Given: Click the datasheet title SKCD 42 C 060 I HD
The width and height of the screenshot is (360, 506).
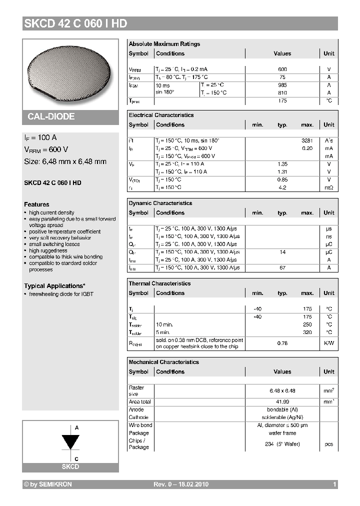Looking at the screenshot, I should (x=75, y=23).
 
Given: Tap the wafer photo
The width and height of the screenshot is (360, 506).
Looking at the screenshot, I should (x=70, y=73).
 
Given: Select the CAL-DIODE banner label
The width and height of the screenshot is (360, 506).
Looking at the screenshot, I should (x=51, y=116).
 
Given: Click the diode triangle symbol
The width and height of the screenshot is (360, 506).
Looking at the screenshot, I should (x=70, y=442).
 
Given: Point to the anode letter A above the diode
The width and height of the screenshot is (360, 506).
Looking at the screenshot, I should (x=76, y=428).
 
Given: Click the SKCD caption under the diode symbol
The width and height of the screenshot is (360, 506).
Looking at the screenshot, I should (x=70, y=466).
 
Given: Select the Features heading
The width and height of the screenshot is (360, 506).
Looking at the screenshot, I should (x=36, y=204).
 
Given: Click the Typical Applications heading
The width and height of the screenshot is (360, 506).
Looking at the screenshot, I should (x=54, y=286).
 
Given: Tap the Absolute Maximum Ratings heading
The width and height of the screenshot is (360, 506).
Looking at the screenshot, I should (x=164, y=44).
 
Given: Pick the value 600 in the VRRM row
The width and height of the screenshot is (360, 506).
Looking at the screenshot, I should (x=282, y=69).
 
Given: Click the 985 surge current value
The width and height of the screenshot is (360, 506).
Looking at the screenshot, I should (x=282, y=85).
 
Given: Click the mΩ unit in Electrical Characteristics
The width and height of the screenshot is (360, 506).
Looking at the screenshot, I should (x=328, y=187).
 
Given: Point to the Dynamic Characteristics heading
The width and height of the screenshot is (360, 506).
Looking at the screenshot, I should (x=160, y=203).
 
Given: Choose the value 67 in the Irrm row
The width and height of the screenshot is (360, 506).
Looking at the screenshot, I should (x=282, y=268).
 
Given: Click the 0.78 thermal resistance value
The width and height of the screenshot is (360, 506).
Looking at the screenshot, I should (x=282, y=343).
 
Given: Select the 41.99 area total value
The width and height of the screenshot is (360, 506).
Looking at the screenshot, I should (x=282, y=402).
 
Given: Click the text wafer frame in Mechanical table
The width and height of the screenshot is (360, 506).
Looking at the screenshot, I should (x=282, y=433).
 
